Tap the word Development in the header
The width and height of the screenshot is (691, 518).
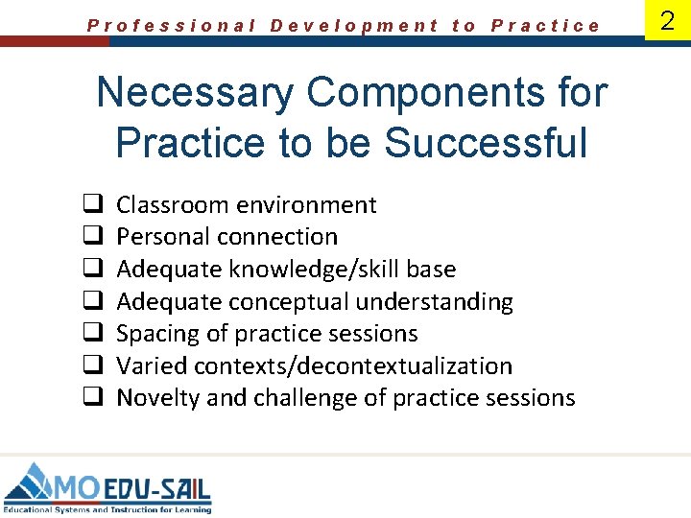(354, 26)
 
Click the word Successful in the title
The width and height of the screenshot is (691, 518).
(485, 143)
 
